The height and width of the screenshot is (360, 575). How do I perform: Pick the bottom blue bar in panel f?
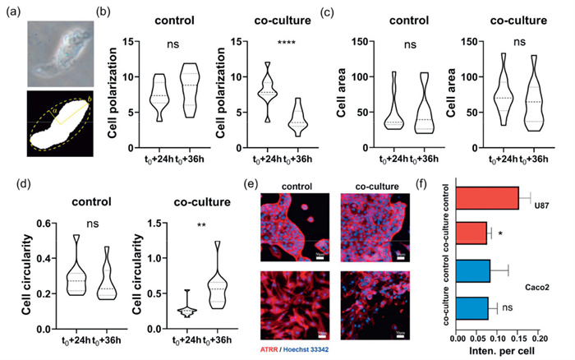(471, 308)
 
